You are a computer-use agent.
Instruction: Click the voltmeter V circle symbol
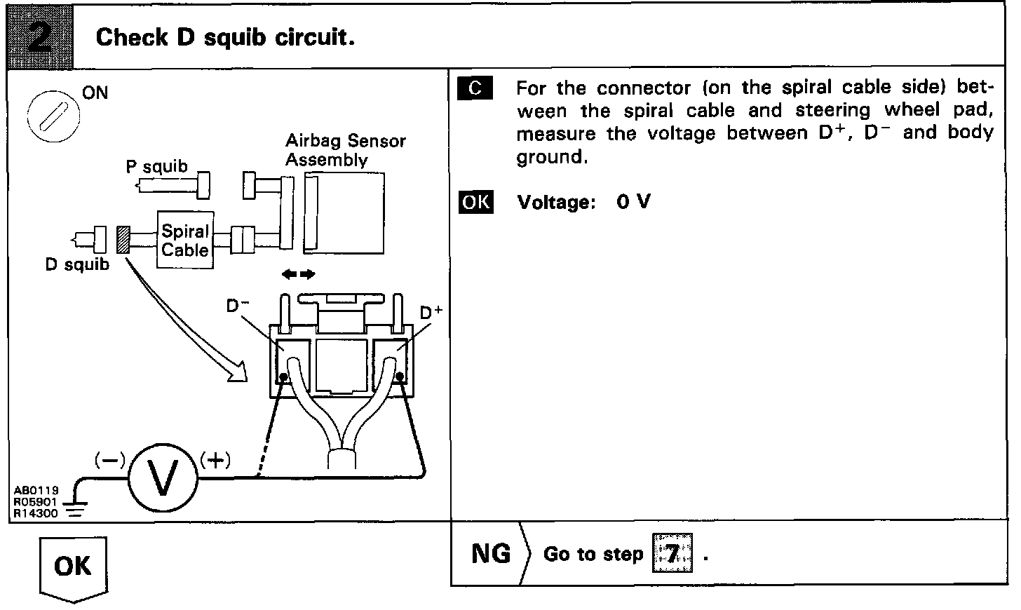(x=163, y=480)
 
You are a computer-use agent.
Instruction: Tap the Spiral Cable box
(x=185, y=240)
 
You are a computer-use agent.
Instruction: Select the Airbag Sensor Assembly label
(x=345, y=150)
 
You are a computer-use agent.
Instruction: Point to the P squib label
(x=157, y=167)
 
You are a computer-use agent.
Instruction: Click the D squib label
(x=77, y=265)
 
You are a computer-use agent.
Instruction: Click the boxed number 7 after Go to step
(x=672, y=554)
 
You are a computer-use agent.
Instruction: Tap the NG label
(x=491, y=554)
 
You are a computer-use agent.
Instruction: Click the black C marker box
(x=475, y=89)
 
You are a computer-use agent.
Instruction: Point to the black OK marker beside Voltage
(x=475, y=203)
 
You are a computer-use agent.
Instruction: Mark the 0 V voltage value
(x=633, y=203)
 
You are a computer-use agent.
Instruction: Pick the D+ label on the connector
(x=431, y=313)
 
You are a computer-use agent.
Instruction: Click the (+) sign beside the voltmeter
(x=215, y=460)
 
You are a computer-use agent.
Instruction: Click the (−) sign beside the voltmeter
(x=110, y=460)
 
